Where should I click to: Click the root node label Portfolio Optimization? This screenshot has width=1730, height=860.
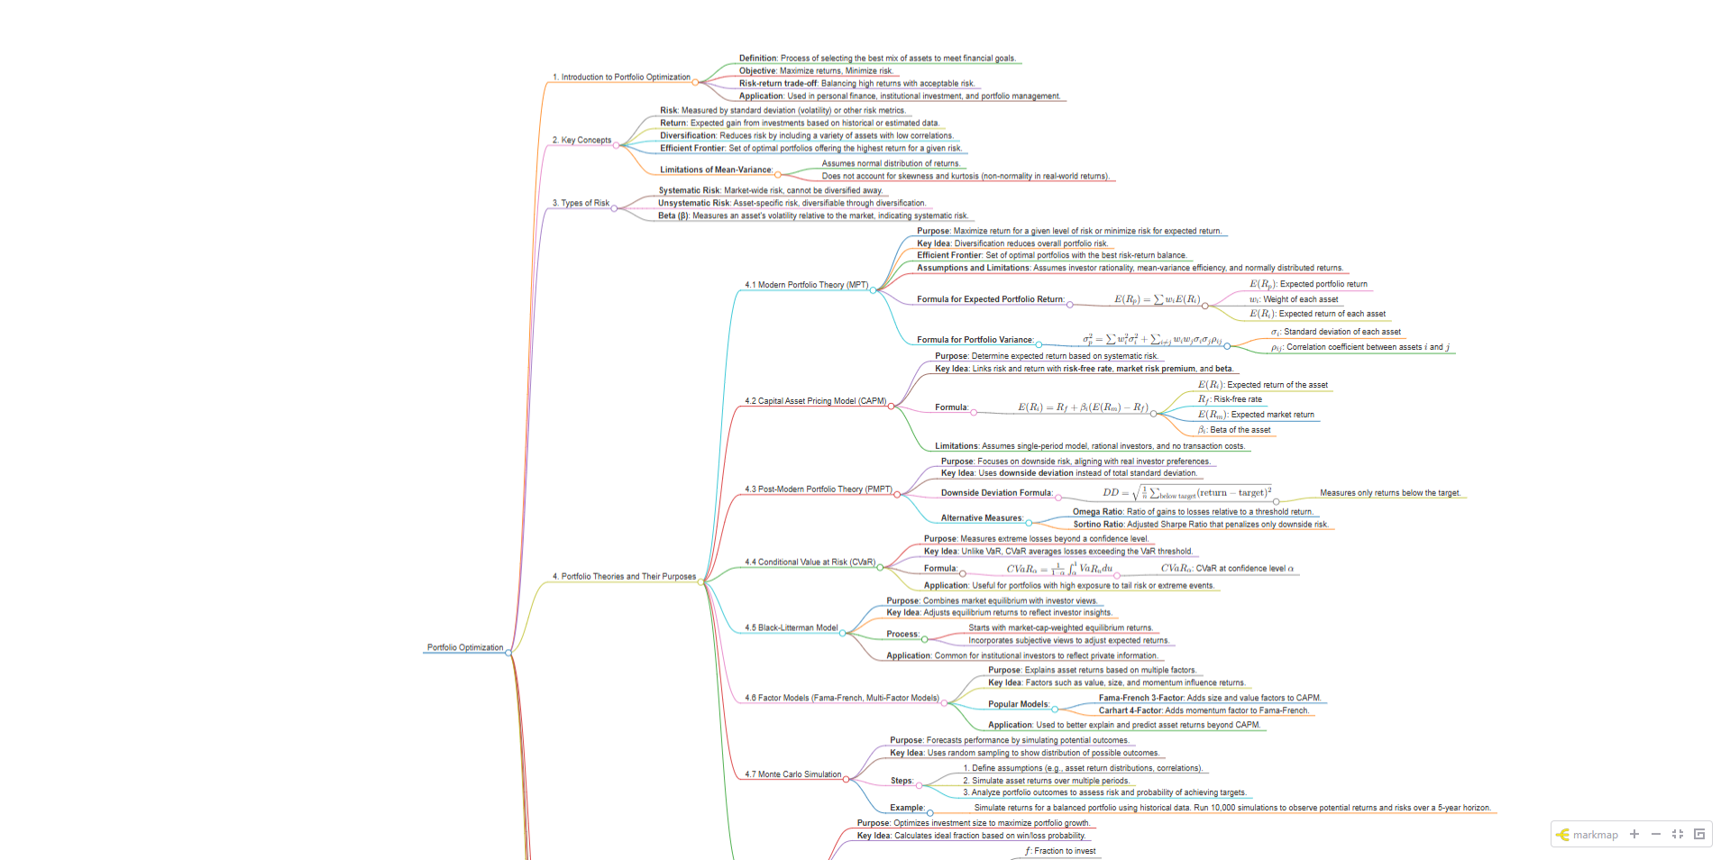[464, 647]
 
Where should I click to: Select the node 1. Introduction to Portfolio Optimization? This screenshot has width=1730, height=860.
[621, 78]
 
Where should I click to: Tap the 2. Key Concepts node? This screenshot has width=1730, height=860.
[581, 141]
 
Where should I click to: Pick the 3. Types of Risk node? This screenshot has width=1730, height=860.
[581, 204]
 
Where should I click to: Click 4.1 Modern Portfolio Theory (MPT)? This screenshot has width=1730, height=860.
[806, 285]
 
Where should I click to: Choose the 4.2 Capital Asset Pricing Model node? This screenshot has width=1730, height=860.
[815, 401]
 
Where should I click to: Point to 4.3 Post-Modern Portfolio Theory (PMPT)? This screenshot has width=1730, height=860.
[818, 489]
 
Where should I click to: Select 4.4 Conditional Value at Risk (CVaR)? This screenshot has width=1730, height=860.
[810, 563]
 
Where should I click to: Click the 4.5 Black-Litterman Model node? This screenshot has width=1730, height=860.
[791, 628]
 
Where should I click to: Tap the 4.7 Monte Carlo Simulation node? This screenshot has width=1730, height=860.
[792, 774]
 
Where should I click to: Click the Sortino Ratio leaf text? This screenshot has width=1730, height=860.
[1200, 525]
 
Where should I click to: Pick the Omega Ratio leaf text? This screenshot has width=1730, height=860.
[1192, 512]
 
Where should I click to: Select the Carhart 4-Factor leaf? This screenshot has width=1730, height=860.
[1203, 710]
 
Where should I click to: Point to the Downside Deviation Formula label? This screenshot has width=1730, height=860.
[996, 493]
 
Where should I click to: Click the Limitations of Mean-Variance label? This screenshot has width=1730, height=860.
[716, 169]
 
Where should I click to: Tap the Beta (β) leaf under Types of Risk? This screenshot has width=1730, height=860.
[812, 216]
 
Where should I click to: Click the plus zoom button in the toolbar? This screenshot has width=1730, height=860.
[1634, 834]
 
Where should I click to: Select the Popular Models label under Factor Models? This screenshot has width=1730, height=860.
[1018, 705]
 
